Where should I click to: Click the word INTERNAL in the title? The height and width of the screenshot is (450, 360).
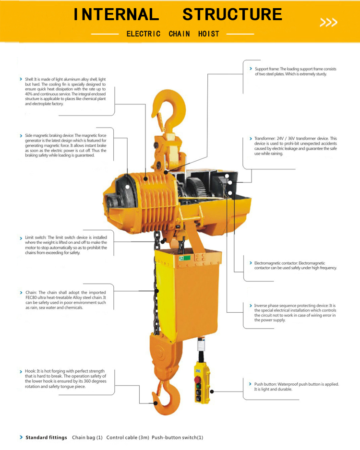116,14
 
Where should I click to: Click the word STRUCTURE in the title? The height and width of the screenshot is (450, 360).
232,14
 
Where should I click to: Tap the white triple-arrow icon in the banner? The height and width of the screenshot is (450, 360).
328,23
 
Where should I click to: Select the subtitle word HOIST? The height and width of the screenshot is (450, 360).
209,34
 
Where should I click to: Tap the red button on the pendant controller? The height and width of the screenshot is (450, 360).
198,379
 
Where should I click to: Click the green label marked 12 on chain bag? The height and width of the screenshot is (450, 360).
184,258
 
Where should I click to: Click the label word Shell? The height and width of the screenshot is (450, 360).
29,79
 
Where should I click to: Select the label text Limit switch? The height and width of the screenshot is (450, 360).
36,237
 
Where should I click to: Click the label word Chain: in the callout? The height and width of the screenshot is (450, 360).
31,293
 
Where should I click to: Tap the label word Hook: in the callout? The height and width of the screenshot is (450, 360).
30,371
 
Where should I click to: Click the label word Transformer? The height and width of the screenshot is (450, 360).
265,138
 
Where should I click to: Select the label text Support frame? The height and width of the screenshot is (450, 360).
267,69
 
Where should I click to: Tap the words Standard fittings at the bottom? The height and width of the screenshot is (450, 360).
46,438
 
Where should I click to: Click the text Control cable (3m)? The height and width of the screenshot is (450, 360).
128,438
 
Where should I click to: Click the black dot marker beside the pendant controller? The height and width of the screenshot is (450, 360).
212,391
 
